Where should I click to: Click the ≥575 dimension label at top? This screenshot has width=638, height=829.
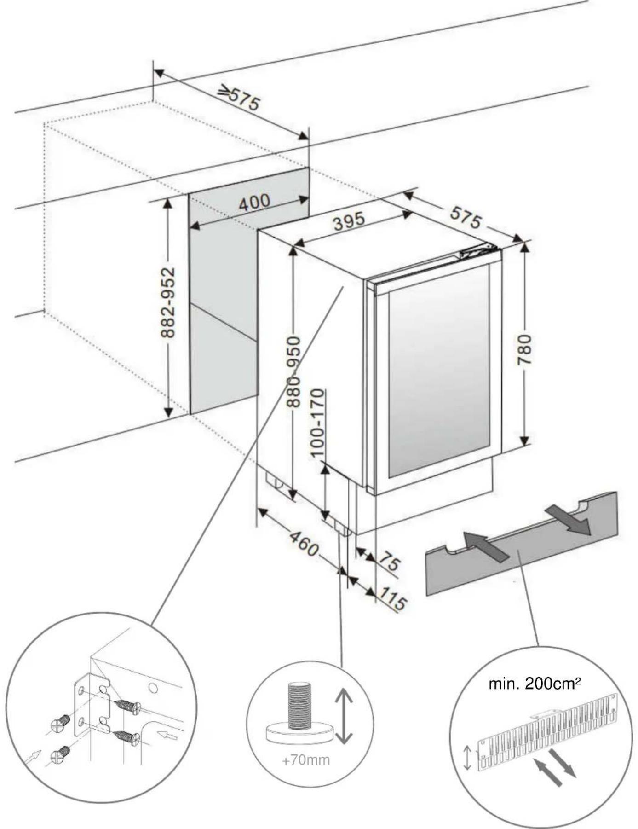pyautogui.click(x=239, y=98)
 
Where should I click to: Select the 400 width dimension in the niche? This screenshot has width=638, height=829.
pyautogui.click(x=254, y=203)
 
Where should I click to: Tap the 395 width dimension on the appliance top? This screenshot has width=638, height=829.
pyautogui.click(x=349, y=221)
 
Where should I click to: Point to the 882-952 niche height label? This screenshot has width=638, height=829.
pyautogui.click(x=168, y=302)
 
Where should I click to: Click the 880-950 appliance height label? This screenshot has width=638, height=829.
pyautogui.click(x=293, y=372)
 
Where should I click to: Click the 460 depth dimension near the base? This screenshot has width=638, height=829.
pyautogui.click(x=304, y=544)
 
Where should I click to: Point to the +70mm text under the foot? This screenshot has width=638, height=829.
pyautogui.click(x=305, y=759)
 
